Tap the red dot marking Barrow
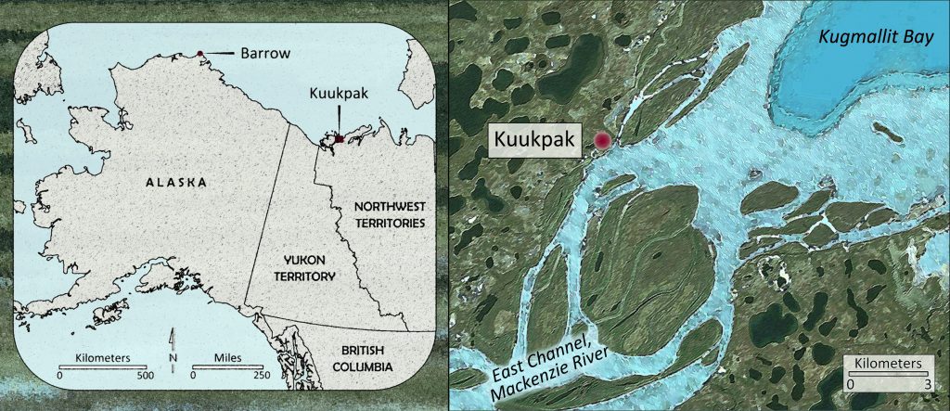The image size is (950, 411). click(x=199, y=53)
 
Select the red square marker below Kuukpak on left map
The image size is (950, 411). click(x=340, y=138)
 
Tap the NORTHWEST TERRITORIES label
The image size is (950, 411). click(x=378, y=214)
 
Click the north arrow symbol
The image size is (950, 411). click(x=173, y=350)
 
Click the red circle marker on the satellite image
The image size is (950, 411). click(x=603, y=141)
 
